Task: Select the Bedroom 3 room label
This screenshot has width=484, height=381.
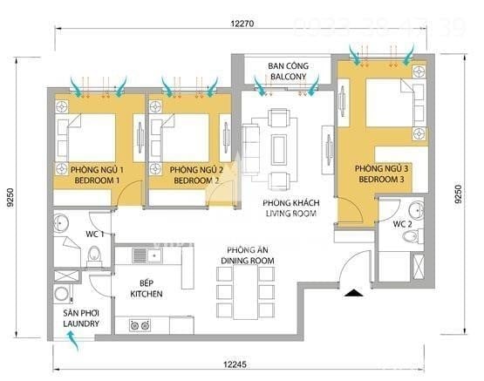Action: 378,173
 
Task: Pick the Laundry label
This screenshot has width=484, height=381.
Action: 79,319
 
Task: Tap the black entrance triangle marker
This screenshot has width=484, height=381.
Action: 351,294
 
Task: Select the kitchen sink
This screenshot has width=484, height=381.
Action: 153,255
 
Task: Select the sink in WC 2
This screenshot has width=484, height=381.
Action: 416,210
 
